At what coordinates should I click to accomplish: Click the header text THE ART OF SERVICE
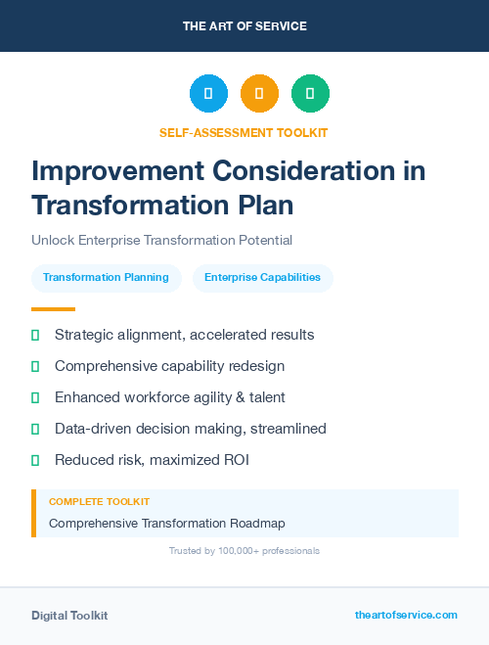pyautogui.click(x=244, y=26)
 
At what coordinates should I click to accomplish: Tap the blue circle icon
pyautogui.click(x=208, y=94)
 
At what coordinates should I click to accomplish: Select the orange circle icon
pyautogui.click(x=259, y=94)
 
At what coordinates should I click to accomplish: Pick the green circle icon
pyautogui.click(x=310, y=94)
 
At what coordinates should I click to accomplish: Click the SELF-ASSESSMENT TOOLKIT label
pyautogui.click(x=244, y=132)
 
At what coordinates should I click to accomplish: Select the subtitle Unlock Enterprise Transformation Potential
pyautogui.click(x=161, y=240)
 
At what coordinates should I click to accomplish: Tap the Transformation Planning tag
pyautogui.click(x=106, y=277)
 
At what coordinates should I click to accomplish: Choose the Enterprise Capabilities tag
pyautogui.click(x=262, y=277)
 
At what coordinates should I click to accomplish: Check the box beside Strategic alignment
pyautogui.click(x=35, y=335)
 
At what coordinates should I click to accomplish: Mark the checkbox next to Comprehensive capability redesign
pyautogui.click(x=35, y=366)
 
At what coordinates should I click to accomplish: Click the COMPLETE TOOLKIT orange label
pyautogui.click(x=99, y=501)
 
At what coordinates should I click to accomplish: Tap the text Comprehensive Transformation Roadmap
pyautogui.click(x=166, y=523)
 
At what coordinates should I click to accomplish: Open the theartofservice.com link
pyautogui.click(x=406, y=615)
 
